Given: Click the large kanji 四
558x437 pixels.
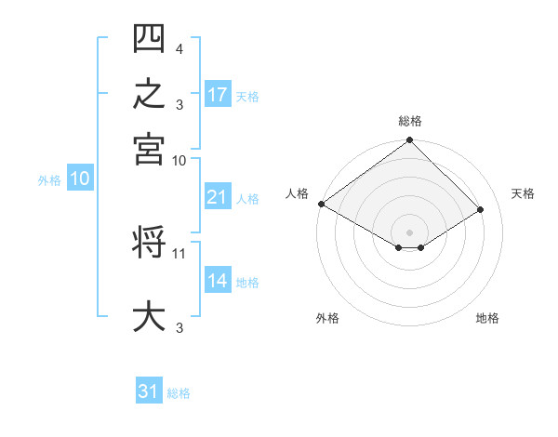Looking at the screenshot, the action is click(149, 38).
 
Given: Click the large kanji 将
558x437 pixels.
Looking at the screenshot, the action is click(149, 241).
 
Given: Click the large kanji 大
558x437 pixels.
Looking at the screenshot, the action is click(149, 315).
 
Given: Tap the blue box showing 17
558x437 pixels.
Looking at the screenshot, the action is click(218, 94).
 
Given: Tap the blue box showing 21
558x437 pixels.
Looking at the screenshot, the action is click(218, 196).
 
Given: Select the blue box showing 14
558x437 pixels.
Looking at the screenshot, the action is click(218, 279).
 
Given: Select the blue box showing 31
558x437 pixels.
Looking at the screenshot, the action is click(149, 390).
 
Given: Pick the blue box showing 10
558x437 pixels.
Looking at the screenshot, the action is click(80, 178).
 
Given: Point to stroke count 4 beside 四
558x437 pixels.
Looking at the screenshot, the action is click(179, 48).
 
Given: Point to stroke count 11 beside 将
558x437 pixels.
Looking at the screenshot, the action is click(179, 254).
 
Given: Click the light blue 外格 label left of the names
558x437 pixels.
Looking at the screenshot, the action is click(49, 180).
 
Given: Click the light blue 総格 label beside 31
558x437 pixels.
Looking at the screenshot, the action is click(179, 393).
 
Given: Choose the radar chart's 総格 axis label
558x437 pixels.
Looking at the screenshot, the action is click(410, 121).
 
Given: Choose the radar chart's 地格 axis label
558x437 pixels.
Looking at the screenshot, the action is click(487, 318).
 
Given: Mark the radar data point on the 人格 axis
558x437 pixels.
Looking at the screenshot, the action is click(322, 204).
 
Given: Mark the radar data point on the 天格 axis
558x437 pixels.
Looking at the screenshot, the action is click(480, 209).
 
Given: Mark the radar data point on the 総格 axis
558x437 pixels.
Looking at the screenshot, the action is click(409, 139).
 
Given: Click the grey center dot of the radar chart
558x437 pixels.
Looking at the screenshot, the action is click(409, 232).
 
